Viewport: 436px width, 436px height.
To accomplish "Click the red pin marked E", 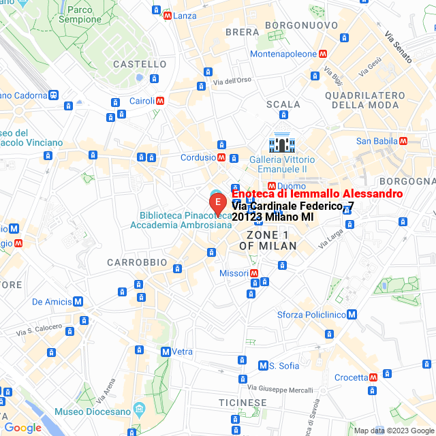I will (217, 203).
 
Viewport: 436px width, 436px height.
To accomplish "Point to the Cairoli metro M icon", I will (159, 101).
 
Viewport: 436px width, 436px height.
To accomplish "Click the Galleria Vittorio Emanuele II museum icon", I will (281, 144).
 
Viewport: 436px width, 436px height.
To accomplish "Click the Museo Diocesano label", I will (92, 411).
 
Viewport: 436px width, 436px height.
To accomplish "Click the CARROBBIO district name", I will (137, 262).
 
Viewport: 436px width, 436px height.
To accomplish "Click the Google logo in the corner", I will (22, 427).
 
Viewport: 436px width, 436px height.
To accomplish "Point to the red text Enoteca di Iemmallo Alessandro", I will (317, 194).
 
